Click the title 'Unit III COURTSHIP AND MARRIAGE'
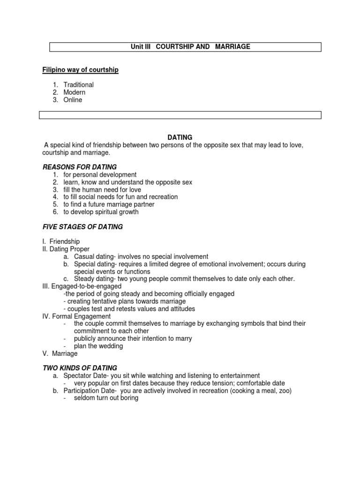[190, 47]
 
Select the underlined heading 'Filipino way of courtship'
[81, 70]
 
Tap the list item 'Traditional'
[79, 85]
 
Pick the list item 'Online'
[73, 100]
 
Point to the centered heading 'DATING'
[180, 137]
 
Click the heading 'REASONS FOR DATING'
[80, 167]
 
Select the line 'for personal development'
[100, 174]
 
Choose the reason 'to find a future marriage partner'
[109, 204]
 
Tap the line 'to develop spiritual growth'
[101, 212]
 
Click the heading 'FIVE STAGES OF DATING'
[82, 227]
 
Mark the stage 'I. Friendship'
[61, 241]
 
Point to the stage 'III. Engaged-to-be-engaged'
[82, 286]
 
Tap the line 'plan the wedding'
[98, 346]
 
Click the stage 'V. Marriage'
[60, 353]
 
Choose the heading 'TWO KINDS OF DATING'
[80, 368]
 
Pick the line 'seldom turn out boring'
[106, 398]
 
